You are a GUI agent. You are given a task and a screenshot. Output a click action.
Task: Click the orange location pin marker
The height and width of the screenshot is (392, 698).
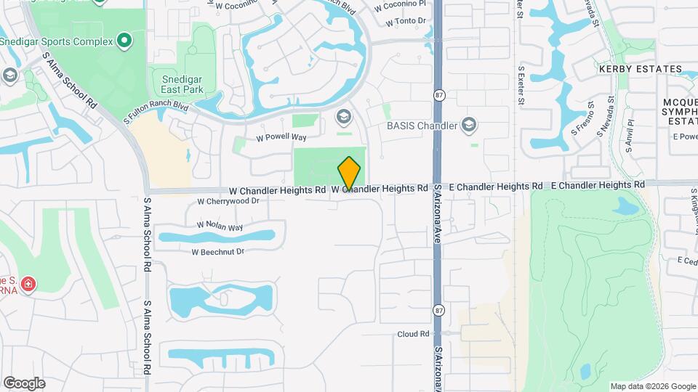point(350,173)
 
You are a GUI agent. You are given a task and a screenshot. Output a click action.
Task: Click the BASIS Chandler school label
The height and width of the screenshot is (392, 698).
point(422,126)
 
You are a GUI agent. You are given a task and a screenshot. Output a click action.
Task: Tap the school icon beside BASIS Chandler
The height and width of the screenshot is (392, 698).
point(470,126)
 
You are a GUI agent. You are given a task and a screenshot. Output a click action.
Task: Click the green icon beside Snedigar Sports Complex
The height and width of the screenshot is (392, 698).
point(124,41)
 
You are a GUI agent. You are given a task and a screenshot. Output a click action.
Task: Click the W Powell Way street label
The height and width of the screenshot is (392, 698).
point(281,136)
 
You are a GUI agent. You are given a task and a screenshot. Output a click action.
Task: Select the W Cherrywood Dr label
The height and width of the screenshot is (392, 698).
point(228,201)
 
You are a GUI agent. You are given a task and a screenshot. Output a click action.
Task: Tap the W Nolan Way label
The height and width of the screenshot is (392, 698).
point(220,226)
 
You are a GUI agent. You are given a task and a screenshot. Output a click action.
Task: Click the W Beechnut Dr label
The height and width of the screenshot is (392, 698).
point(217,252)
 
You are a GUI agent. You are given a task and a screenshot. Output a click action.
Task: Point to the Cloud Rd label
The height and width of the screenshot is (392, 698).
point(414,334)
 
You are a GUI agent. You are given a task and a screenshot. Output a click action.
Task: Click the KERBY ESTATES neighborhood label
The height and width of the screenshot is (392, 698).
point(631,69)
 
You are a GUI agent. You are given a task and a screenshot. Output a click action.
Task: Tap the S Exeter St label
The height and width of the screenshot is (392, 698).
point(521,86)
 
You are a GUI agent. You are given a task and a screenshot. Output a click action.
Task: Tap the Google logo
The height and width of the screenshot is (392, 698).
point(24,383)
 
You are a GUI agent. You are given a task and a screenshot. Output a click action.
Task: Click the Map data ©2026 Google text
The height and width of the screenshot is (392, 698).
point(652,386)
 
